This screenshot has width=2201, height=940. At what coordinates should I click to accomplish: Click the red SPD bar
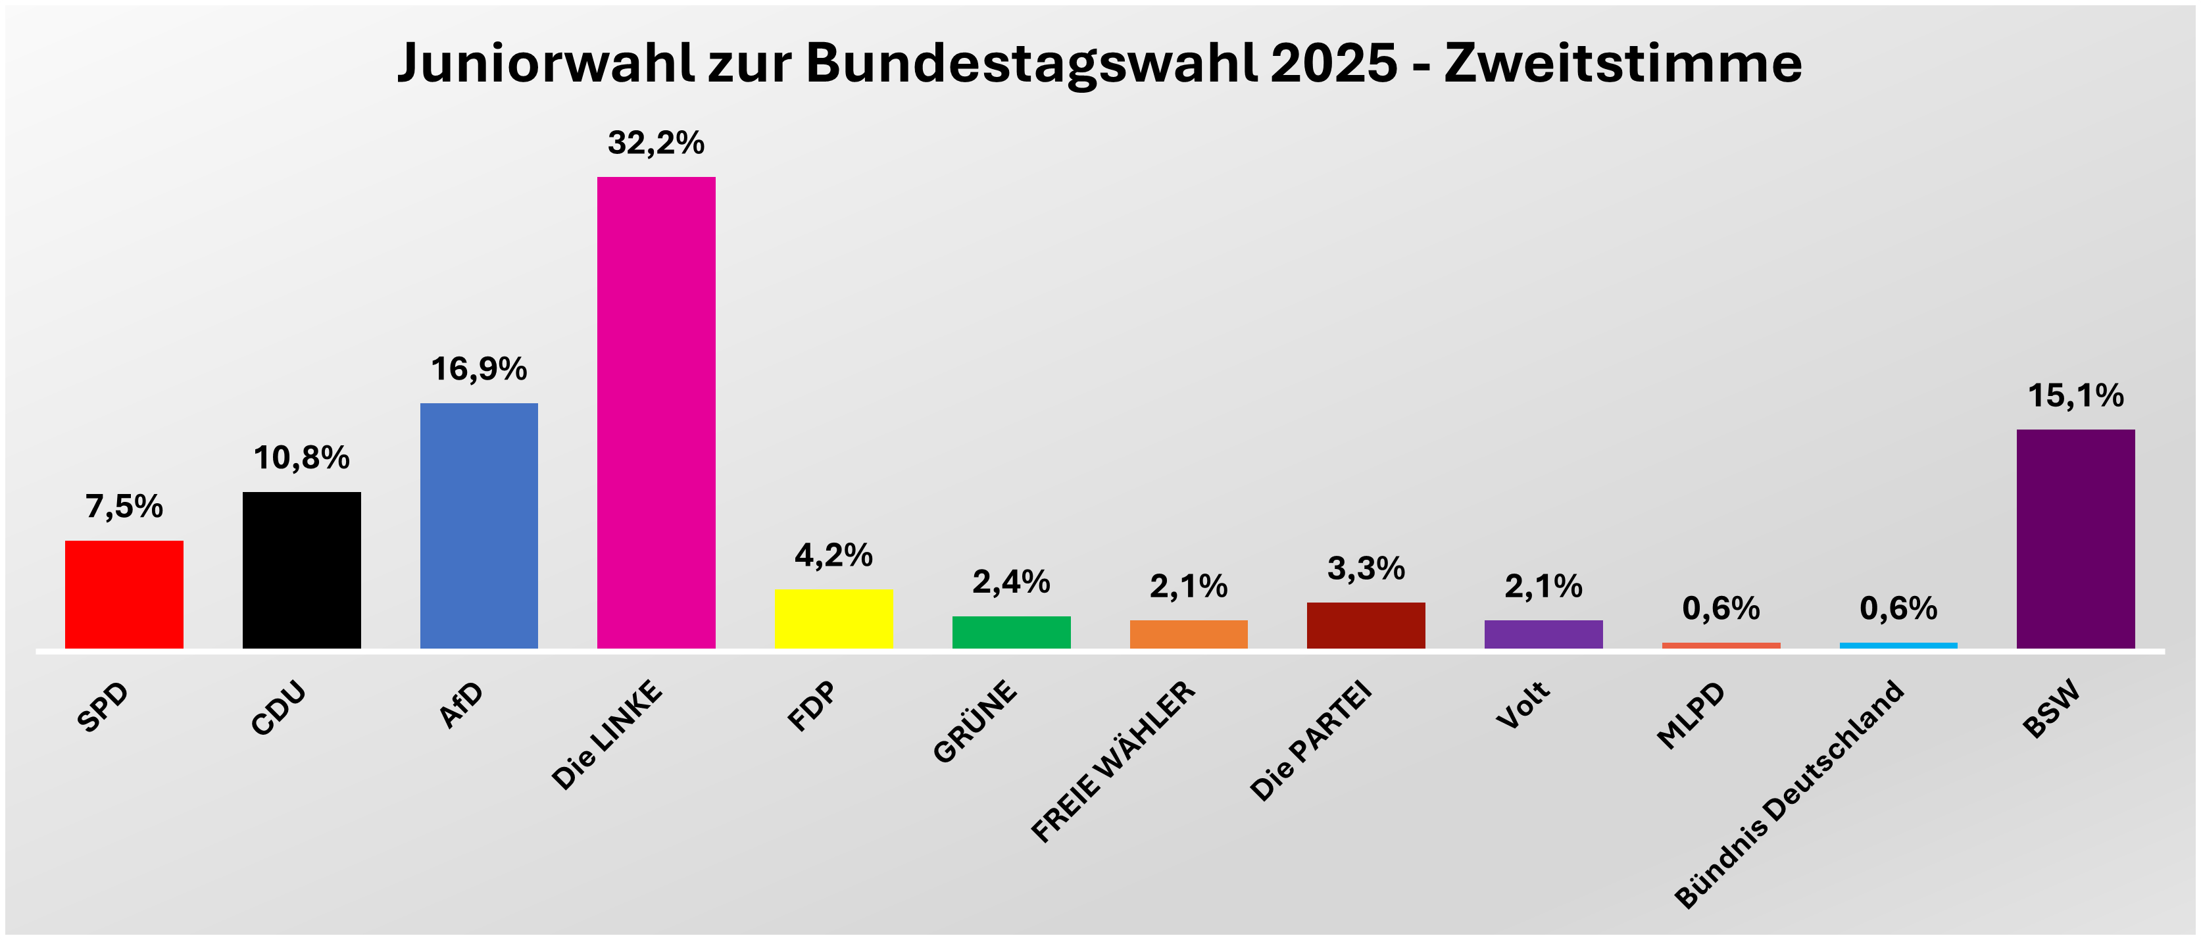pos(124,594)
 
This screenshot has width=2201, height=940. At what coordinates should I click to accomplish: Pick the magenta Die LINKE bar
pos(656,412)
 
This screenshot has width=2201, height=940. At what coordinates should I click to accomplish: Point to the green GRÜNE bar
pos(1011,632)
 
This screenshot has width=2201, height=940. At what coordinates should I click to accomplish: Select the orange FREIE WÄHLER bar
pos(1189,634)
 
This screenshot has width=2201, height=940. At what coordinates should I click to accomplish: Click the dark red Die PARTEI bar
pos(1366,626)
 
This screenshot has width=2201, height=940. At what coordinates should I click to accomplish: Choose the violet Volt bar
pos(1543,634)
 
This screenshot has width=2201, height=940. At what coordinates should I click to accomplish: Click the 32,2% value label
pos(656,143)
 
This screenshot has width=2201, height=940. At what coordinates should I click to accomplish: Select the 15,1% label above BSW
pos(2075,395)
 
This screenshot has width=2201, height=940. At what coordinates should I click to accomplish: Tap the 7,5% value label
pos(124,507)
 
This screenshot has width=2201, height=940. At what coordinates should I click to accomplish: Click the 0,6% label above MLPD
pos(1721,608)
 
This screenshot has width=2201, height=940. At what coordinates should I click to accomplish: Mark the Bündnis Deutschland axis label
pos(1789,795)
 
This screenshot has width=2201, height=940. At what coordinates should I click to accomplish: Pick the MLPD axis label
pos(1691,716)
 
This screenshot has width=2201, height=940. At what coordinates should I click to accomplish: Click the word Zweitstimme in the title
pos(1623,63)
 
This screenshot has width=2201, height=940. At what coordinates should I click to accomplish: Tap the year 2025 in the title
pos(1334,63)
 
